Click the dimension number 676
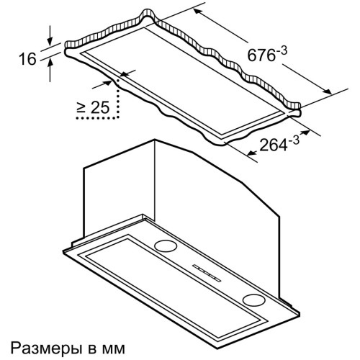pos(261,55)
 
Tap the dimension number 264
pos(274,145)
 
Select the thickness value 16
pos(27,59)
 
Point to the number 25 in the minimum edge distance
pos(100,107)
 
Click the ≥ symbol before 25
pos(81,107)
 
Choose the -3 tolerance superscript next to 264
pos(294,141)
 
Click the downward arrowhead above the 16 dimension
pos(50,42)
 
